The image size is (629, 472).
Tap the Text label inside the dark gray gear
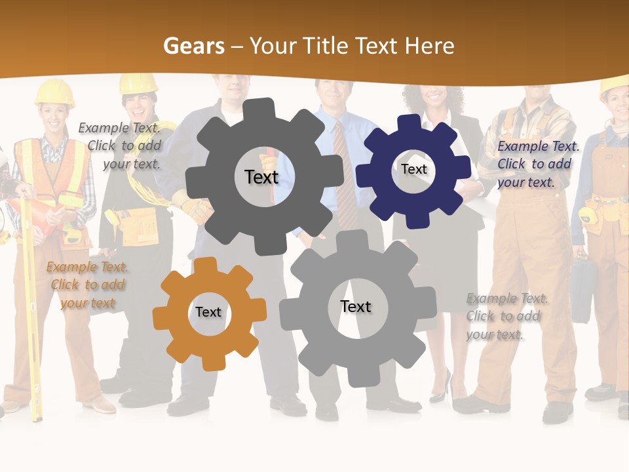pyautogui.click(x=261, y=177)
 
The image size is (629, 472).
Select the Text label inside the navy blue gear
pyautogui.click(x=414, y=169)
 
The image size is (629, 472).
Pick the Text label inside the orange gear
pyautogui.click(x=208, y=312)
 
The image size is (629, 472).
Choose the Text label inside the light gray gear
pyautogui.click(x=356, y=306)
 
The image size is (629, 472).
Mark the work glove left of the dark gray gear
pyautogui.click(x=193, y=206)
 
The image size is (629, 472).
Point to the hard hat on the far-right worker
pyautogui.click(x=615, y=85)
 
